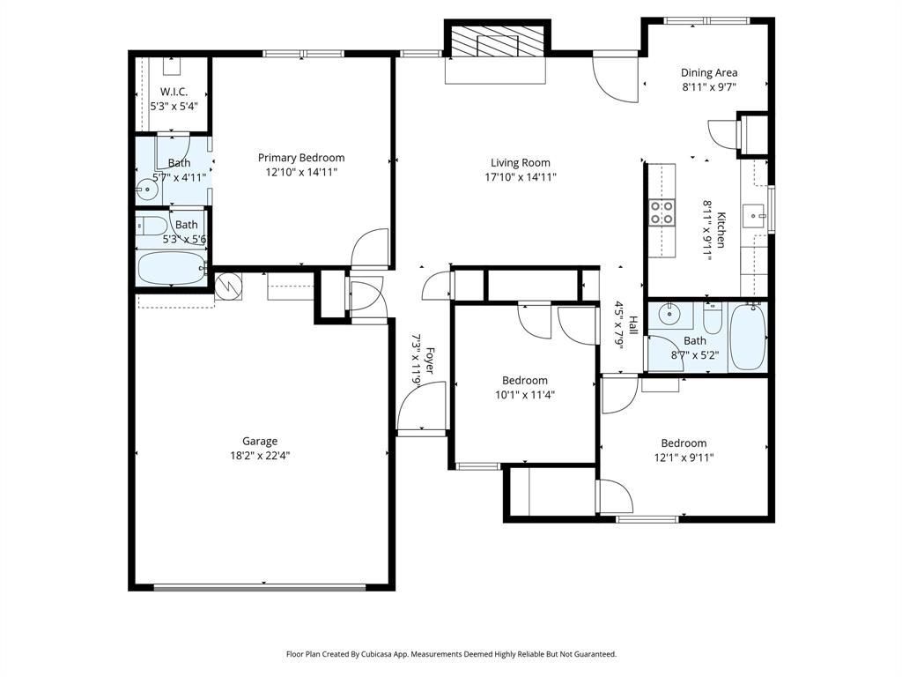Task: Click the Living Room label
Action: tap(520, 162)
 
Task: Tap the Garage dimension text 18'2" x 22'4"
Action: tap(260, 456)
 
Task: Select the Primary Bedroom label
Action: tap(301, 158)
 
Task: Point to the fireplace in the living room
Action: tap(496, 41)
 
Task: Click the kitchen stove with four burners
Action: tap(662, 212)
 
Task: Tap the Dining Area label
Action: tap(709, 73)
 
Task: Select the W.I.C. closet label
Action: tap(174, 92)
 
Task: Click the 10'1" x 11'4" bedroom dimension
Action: tap(524, 395)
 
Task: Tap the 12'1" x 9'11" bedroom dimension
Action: tap(684, 458)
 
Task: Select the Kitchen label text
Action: tap(721, 229)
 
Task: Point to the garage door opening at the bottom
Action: tap(260, 587)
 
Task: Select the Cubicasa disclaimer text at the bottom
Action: tap(451, 654)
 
